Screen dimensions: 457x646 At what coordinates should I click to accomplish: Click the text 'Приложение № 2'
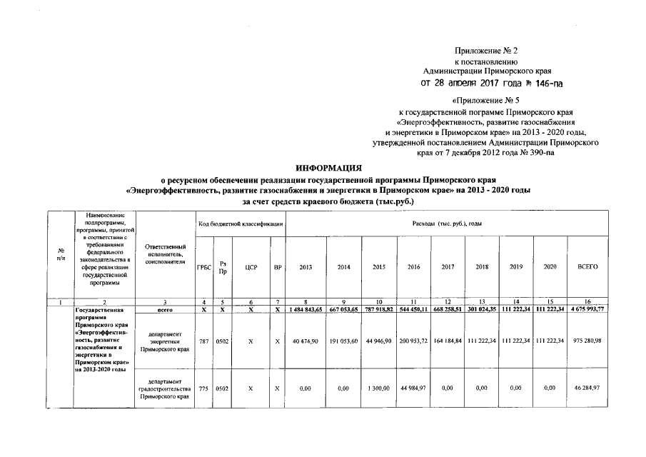485,50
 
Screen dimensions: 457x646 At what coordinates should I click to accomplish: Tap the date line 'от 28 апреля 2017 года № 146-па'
492,84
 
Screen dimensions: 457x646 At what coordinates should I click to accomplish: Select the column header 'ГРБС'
203,266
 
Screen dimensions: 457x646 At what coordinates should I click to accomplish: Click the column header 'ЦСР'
250,266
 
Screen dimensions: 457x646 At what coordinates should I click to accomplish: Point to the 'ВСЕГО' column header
587,266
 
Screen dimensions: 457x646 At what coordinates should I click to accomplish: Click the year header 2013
306,266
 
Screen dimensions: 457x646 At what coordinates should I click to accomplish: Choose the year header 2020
550,266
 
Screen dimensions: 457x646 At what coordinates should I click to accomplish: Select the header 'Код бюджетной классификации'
240,224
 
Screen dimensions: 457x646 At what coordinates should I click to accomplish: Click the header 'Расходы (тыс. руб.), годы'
448,224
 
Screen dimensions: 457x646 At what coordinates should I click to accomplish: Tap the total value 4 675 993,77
587,309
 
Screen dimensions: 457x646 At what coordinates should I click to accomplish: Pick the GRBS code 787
203,341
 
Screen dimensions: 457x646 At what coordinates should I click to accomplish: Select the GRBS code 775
203,388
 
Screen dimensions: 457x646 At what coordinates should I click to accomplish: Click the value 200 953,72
413,341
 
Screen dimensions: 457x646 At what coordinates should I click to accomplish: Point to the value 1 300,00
378,388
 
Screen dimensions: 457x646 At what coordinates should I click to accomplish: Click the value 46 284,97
587,388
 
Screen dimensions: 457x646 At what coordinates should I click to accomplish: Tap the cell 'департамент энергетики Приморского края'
164,341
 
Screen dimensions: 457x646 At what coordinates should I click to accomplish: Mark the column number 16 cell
587,302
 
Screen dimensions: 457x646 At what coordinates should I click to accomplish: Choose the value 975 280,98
587,341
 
